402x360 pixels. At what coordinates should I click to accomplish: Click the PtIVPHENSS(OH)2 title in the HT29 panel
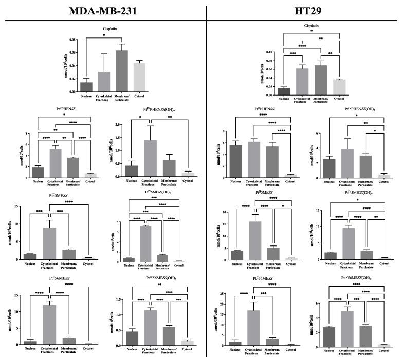click(x=350, y=109)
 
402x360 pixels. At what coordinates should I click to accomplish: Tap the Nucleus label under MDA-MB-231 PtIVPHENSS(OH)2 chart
click(x=134, y=181)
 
